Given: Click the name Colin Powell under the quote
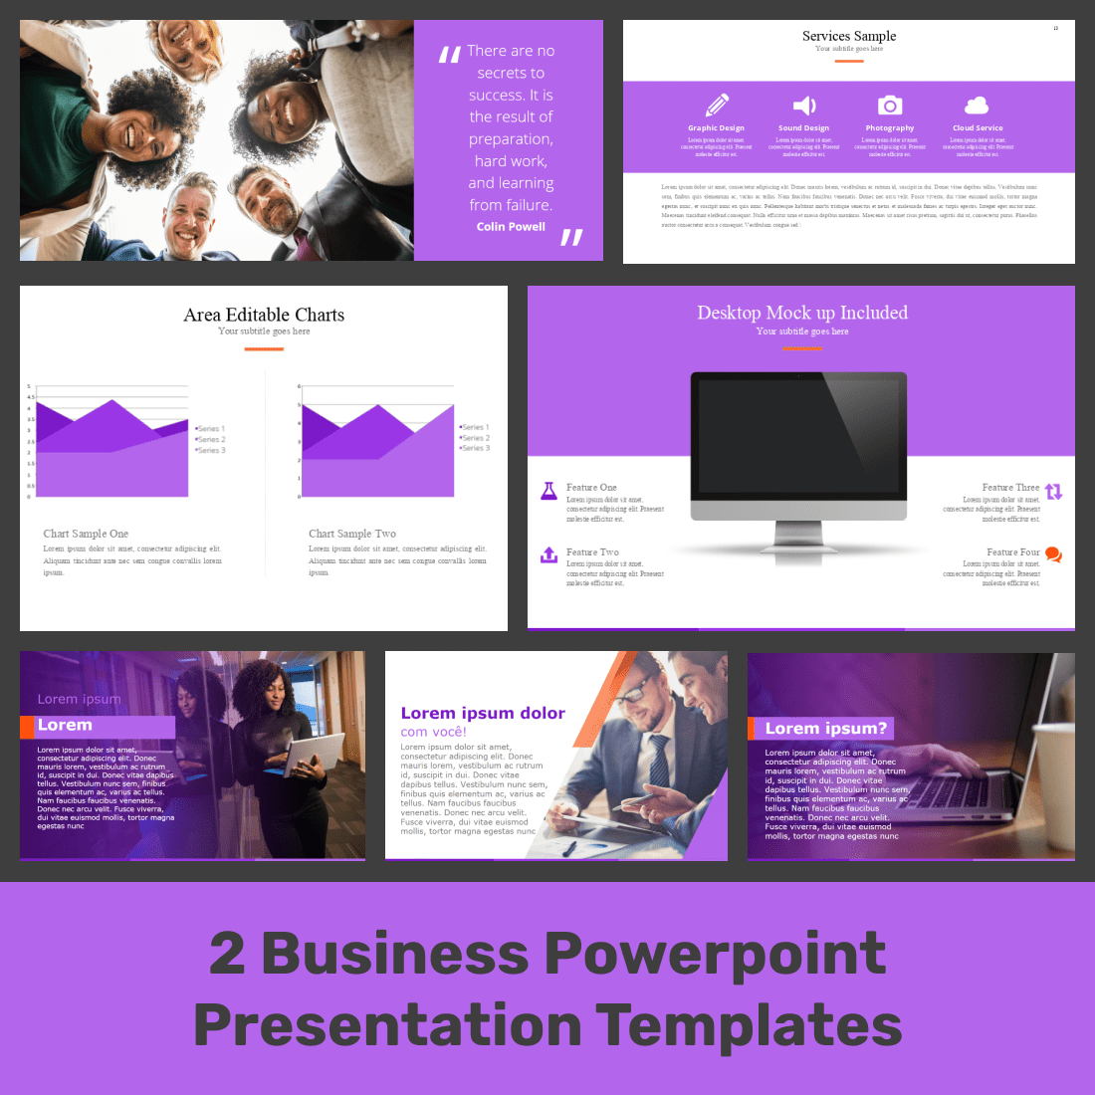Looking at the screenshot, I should click(511, 227).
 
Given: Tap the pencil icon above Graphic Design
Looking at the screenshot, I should click(717, 105).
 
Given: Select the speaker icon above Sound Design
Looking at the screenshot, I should click(803, 106).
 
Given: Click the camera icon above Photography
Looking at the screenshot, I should click(890, 106).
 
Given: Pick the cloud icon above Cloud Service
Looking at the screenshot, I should click(977, 106).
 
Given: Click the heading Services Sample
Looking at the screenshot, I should click(849, 36).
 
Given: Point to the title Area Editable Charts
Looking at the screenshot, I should click(264, 315).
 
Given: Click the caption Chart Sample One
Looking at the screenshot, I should click(86, 534).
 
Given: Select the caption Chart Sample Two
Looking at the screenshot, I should click(352, 534).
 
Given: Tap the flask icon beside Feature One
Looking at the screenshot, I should click(548, 491).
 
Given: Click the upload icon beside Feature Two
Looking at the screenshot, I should click(548, 554).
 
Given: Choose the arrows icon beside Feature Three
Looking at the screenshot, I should click(1053, 491).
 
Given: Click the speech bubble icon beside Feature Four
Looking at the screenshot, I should click(1053, 554).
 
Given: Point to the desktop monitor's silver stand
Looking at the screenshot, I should click(798, 538).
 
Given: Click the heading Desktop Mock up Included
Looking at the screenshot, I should click(802, 313).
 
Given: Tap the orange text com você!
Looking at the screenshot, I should click(433, 732).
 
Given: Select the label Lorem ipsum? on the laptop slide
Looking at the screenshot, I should click(825, 729).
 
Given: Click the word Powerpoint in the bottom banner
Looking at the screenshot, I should click(715, 953).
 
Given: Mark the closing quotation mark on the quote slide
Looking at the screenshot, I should click(571, 237).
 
